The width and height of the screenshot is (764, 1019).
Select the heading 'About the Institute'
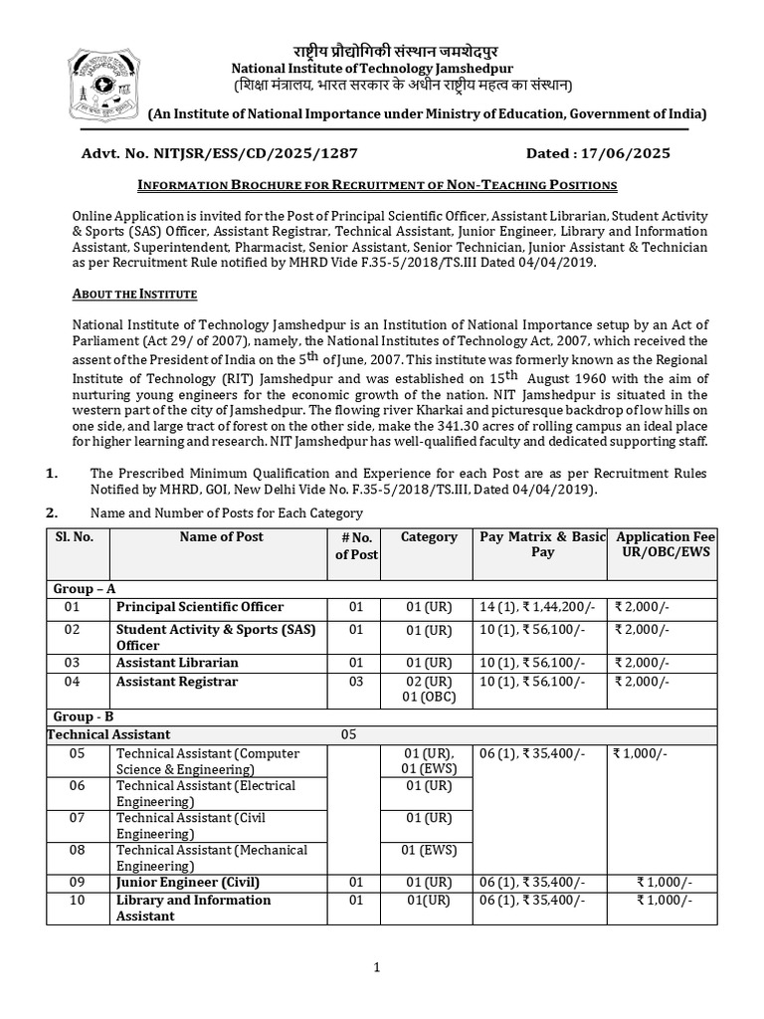(135, 295)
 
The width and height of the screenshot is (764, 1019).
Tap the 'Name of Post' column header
(221, 537)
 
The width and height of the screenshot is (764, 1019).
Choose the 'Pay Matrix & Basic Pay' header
(542, 544)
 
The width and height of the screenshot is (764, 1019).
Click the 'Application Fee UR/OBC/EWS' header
(665, 544)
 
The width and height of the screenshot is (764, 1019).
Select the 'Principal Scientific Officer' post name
(200, 607)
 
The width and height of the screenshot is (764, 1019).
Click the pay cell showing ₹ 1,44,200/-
(538, 607)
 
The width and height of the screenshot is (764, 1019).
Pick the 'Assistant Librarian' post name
(177, 663)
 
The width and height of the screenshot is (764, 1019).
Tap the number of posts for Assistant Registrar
(356, 682)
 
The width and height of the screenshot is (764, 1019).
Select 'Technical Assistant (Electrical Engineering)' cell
(206, 793)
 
